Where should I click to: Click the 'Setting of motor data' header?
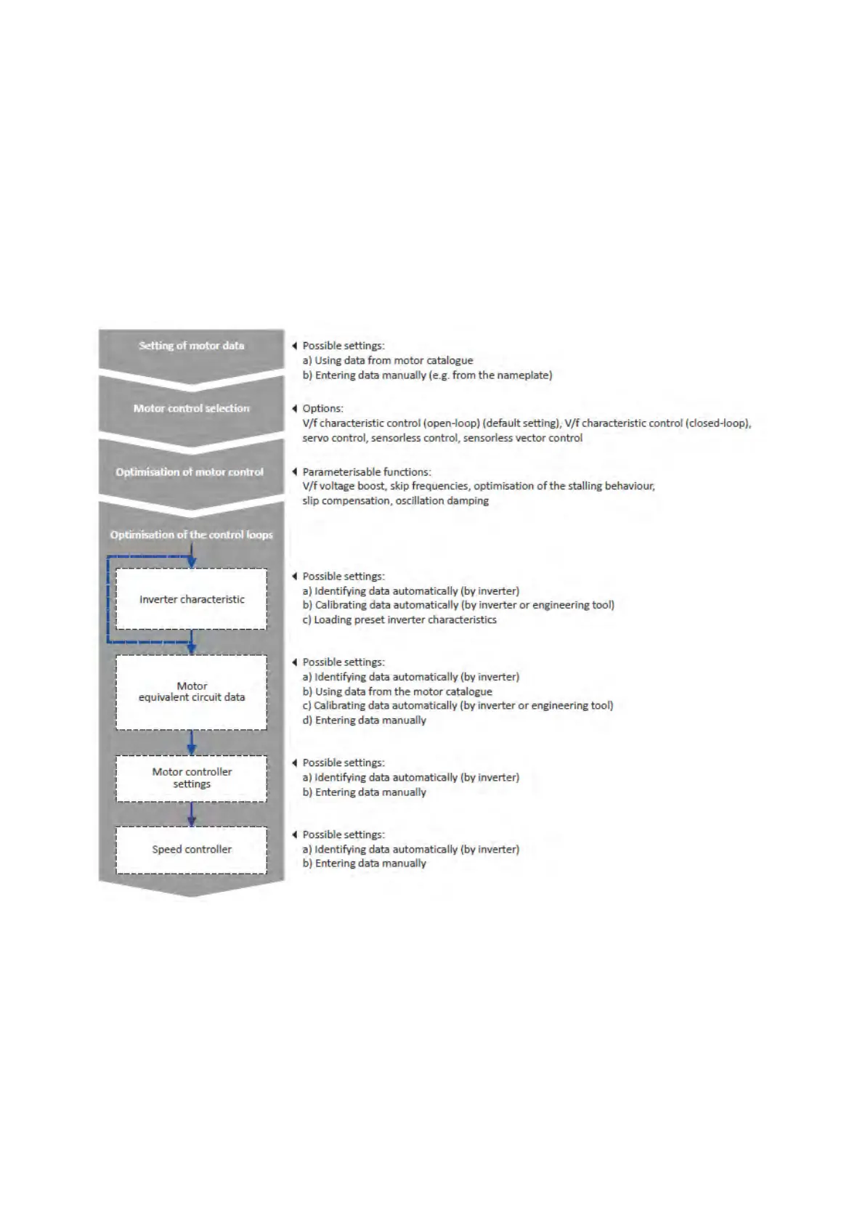pyautogui.click(x=191, y=346)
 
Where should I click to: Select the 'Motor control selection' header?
pyautogui.click(x=191, y=408)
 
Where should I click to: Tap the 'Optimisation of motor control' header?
pyautogui.click(x=190, y=472)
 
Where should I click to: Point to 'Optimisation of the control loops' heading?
pyautogui.click(x=191, y=535)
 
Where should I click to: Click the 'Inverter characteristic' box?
pyautogui.click(x=192, y=599)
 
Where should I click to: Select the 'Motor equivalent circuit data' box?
pyautogui.click(x=192, y=692)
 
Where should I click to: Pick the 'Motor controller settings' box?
pyautogui.click(x=192, y=778)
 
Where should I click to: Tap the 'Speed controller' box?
pyautogui.click(x=192, y=849)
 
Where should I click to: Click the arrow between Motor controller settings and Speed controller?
pyautogui.click(x=192, y=814)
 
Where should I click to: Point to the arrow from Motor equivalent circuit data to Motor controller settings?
pyautogui.click(x=192, y=742)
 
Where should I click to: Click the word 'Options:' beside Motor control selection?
pyautogui.click(x=322, y=408)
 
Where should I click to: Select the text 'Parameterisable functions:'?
pyautogui.click(x=366, y=472)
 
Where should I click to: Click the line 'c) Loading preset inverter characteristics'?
pyautogui.click(x=399, y=619)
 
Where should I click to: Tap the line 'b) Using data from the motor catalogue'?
pyautogui.click(x=397, y=691)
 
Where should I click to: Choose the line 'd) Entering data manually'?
pyautogui.click(x=364, y=720)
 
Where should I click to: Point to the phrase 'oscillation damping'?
pyautogui.click(x=442, y=500)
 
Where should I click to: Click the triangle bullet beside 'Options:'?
pyautogui.click(x=294, y=408)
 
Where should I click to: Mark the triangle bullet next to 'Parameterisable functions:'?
pyautogui.click(x=294, y=472)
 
